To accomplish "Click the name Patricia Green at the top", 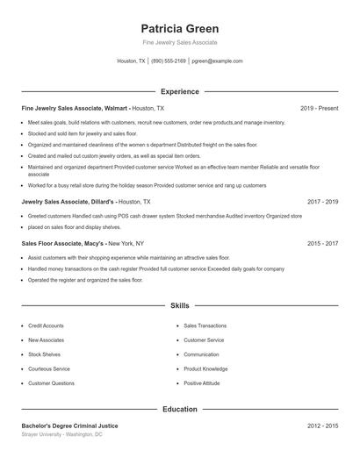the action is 179,28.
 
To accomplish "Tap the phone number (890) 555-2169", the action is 169,61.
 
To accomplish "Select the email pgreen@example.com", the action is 217,61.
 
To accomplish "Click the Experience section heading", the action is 179,91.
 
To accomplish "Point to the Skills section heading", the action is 179,306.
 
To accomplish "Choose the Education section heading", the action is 179,409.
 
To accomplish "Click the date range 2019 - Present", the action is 319,108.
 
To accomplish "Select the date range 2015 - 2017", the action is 322,243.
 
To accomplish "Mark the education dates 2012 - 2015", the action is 322,426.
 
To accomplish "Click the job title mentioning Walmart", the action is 75,108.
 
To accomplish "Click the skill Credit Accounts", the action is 46,325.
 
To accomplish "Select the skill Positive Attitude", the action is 203,383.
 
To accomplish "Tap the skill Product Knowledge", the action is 205,369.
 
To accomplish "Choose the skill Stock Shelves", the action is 44,354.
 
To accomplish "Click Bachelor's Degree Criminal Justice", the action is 69,426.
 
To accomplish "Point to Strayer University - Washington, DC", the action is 61,434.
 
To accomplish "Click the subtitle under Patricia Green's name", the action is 179,42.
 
